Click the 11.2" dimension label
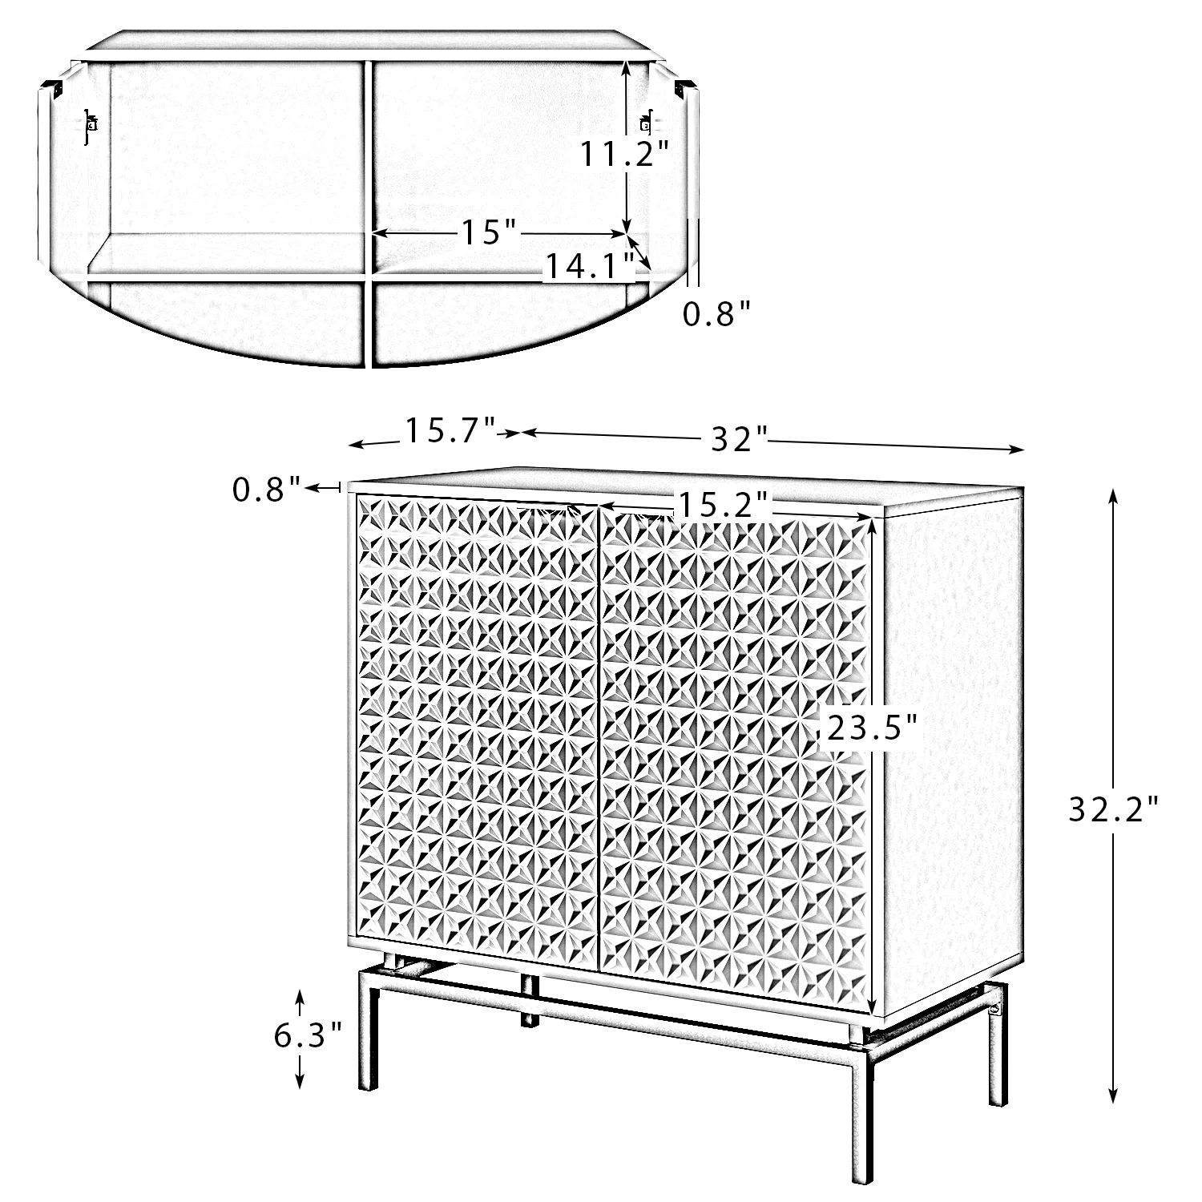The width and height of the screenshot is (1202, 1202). (624, 152)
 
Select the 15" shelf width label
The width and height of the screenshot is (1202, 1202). (490, 232)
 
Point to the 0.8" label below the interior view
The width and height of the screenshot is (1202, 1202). (717, 314)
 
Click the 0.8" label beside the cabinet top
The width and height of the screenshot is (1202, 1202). (268, 488)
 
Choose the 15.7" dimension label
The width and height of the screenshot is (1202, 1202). (450, 430)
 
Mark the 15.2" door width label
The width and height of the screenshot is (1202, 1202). (724, 503)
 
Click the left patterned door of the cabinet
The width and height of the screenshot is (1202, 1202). (478, 723)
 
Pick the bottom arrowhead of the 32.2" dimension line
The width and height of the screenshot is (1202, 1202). (1113, 1095)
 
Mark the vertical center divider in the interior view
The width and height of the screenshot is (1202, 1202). (369, 213)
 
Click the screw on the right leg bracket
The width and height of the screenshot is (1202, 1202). (994, 1010)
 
